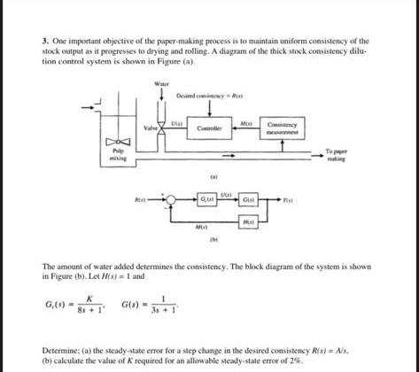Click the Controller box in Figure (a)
(214, 128)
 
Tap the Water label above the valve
(161, 84)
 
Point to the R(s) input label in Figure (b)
(141, 201)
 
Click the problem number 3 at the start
(44, 41)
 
